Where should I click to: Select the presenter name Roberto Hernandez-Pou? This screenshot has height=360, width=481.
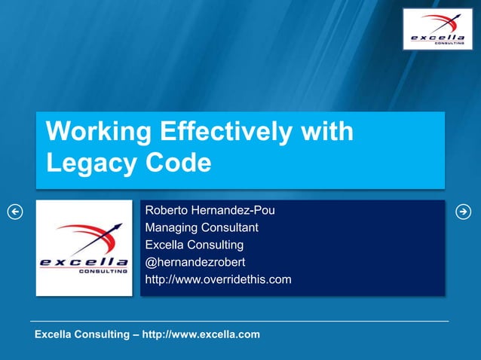pos(210,210)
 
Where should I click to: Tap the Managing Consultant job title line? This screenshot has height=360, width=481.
pos(201,227)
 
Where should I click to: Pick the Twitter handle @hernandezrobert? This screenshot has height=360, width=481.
pos(195,262)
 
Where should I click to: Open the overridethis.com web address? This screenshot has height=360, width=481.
pos(218,280)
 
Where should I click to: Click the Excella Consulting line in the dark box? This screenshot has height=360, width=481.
pos(194,245)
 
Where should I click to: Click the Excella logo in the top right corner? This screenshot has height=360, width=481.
pos(437,29)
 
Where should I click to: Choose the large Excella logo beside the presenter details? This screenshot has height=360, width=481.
pos(84,248)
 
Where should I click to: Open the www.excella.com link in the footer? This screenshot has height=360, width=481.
pos(201,334)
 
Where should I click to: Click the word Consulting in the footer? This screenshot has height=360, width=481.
pos(103,334)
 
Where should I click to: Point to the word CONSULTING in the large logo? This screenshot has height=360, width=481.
pos(103,271)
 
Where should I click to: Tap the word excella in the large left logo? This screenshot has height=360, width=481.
pos(84,262)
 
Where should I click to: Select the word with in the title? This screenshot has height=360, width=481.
pos(326,132)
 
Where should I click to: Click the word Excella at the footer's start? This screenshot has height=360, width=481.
pos(55,334)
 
